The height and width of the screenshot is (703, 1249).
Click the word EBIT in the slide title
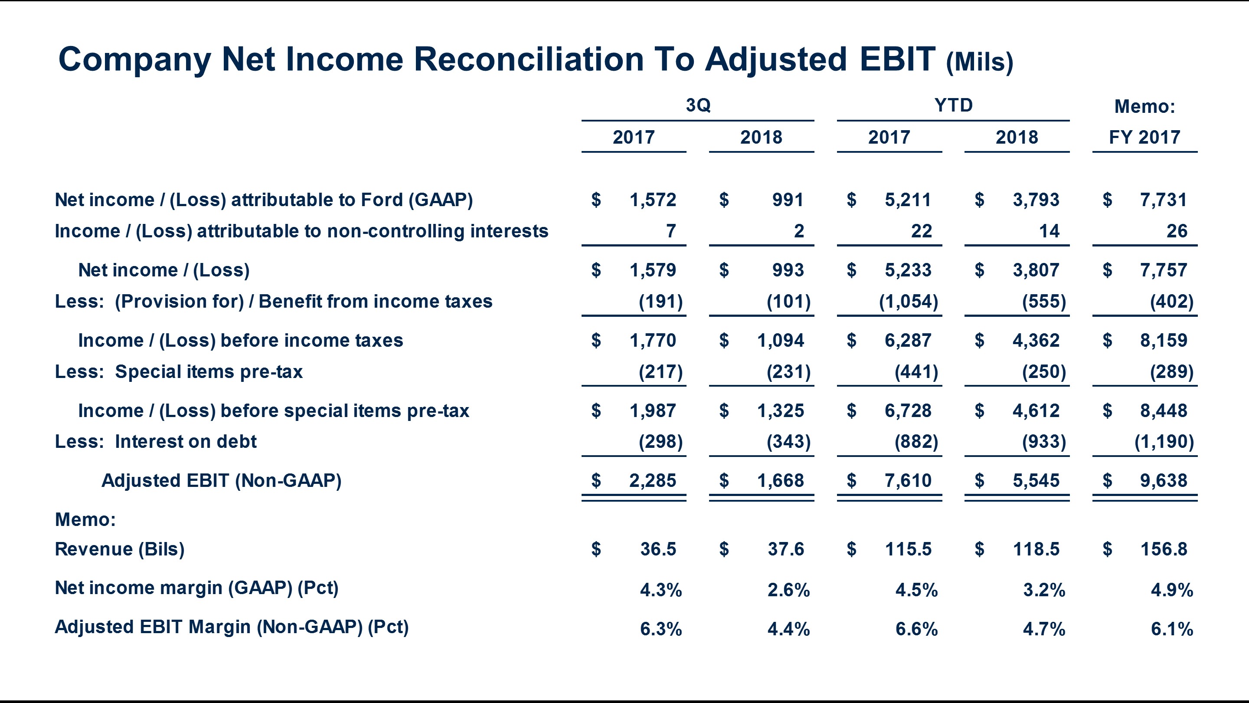tap(897, 59)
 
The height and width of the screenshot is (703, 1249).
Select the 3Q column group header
tap(698, 105)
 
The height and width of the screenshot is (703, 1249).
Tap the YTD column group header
tap(953, 105)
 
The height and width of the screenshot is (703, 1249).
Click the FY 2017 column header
tap(1144, 137)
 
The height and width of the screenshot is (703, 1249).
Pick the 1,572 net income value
tap(652, 200)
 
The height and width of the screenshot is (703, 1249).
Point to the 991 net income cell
tap(788, 200)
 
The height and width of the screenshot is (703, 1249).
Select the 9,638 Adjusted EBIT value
tap(1163, 481)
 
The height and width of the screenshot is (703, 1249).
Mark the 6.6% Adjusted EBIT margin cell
tap(916, 629)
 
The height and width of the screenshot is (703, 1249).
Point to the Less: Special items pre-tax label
tap(178, 371)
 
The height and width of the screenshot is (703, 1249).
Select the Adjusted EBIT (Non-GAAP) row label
tap(222, 481)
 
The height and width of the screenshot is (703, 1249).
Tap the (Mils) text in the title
tap(979, 62)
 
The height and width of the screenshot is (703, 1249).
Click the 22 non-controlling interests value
tap(921, 231)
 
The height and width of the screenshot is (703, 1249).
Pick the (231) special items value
tap(788, 371)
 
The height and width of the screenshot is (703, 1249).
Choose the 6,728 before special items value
tap(908, 411)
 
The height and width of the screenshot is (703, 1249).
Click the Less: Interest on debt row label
tap(156, 441)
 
